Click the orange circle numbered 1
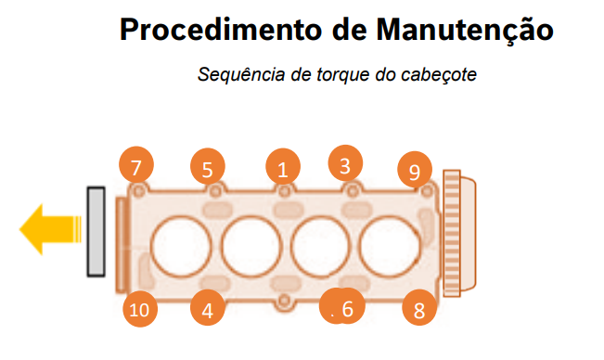[x=283, y=166]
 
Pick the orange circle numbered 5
[x=208, y=166]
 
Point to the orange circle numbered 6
[x=342, y=305]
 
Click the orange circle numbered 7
[x=136, y=164]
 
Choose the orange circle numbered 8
[x=419, y=307]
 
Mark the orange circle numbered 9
[x=415, y=169]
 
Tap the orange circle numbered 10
[x=140, y=309]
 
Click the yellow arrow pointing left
[x=50, y=229]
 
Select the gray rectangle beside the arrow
[x=96, y=232]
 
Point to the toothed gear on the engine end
[x=452, y=233]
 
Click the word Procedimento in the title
[x=221, y=30]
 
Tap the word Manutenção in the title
[x=465, y=31]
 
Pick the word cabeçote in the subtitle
[x=439, y=75]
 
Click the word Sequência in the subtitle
[x=241, y=74]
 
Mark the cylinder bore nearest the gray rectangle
[x=181, y=247]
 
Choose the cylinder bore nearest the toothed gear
[x=390, y=247]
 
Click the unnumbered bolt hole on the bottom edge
[x=284, y=301]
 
